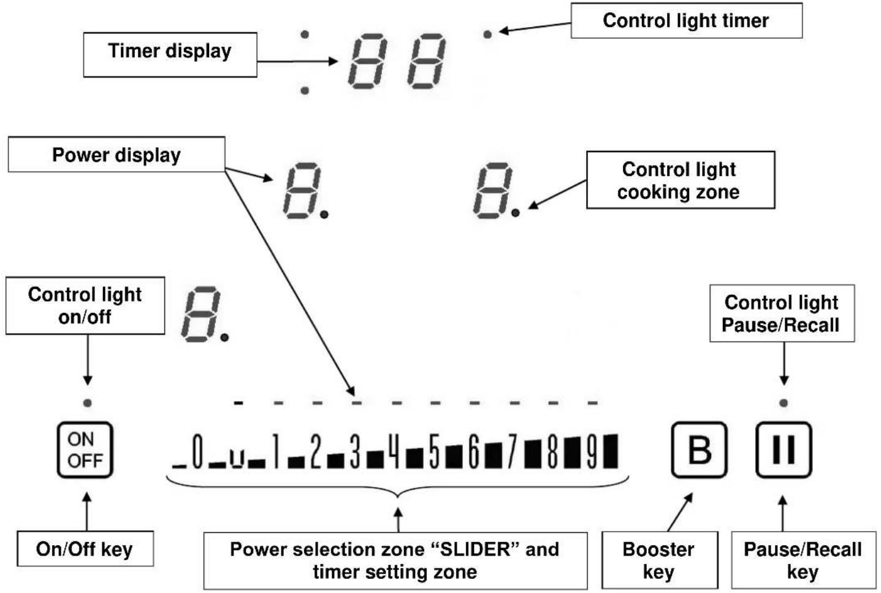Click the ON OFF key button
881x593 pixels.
pos(85,450)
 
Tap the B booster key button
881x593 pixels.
pos(699,450)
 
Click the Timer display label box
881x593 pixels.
pos(170,55)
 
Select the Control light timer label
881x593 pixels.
pos(686,20)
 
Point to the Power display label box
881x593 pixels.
pos(116,155)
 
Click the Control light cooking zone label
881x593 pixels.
pos(681,180)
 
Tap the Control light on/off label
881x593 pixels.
pos(85,306)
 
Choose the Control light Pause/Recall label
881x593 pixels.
pos(782,313)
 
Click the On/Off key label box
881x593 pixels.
pos(85,548)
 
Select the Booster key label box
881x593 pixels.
pos(660,560)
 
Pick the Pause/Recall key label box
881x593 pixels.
pos(804,560)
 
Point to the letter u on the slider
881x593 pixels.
pos(237,459)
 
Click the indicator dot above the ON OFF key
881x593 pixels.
pos(88,402)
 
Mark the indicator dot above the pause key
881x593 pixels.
pos(784,402)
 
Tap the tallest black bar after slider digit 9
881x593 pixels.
pos(611,451)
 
